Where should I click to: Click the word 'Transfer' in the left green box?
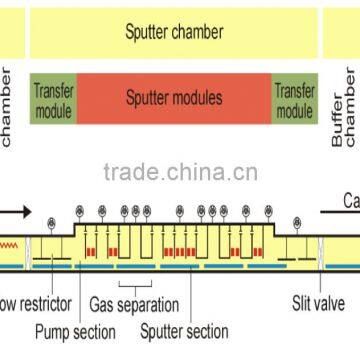tap(53, 90)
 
